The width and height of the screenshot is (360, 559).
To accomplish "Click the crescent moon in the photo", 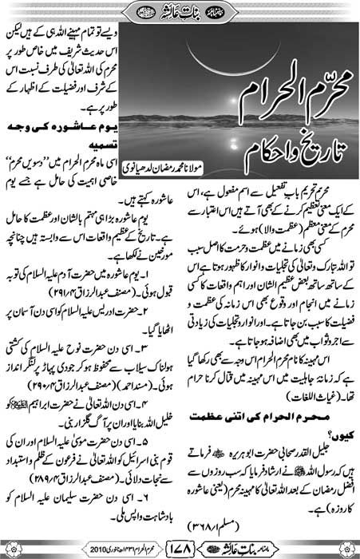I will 263,60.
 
